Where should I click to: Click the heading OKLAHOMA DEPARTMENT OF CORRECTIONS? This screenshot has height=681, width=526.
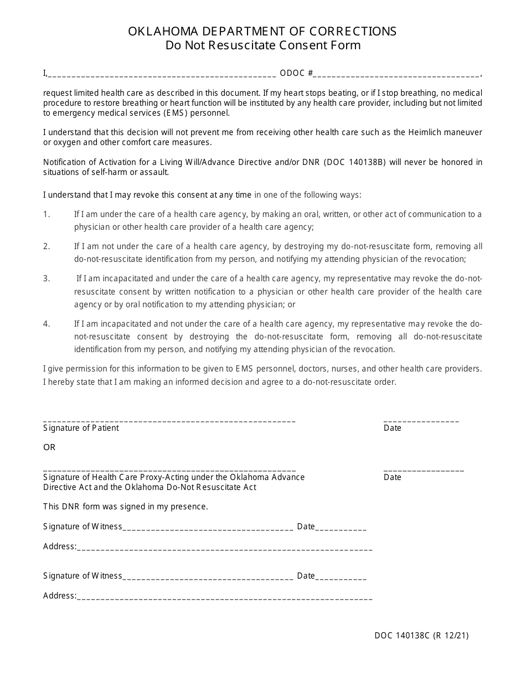[262, 32]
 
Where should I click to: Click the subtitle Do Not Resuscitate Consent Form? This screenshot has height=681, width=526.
[262, 45]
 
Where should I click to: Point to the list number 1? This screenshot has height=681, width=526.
[47, 214]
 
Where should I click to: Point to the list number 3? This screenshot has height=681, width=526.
[47, 278]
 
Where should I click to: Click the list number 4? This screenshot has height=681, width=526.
[47, 324]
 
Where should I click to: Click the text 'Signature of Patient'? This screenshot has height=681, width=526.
[81, 428]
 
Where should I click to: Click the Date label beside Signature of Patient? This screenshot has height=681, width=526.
[392, 428]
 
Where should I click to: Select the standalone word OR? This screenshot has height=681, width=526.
[49, 447]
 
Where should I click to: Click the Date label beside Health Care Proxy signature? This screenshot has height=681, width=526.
[392, 477]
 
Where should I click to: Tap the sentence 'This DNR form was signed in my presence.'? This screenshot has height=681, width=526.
[126, 507]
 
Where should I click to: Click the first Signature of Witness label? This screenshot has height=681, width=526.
[82, 527]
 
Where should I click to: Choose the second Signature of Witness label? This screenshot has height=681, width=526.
[82, 576]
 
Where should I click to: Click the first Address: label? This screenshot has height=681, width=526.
[60, 546]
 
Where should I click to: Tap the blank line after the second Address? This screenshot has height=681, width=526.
[224, 597]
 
